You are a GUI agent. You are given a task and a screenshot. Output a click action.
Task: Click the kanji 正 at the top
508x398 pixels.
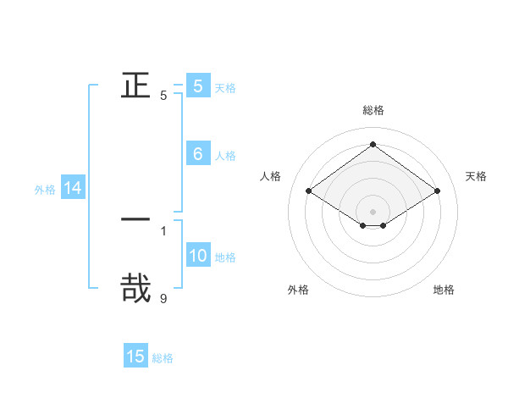135,85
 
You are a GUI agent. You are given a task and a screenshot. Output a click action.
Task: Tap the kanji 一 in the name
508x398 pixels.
135,219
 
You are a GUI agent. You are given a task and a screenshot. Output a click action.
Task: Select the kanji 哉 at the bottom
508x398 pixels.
135,286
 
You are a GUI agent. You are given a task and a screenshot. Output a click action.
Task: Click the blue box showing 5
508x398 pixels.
198,86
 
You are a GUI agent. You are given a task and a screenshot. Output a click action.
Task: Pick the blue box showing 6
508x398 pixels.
198,154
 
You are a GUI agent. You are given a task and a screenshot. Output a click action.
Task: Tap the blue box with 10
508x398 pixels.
198,256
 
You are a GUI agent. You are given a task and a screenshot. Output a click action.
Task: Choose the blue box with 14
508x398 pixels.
73,189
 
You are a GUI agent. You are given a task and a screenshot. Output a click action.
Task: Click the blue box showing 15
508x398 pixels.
135,357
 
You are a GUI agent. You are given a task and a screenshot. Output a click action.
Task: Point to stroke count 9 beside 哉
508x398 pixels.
163,298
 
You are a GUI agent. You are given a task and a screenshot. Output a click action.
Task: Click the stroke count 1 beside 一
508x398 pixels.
163,230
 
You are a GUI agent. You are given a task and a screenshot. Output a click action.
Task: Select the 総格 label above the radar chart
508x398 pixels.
373,111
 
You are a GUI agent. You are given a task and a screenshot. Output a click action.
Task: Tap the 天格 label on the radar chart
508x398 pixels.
476,176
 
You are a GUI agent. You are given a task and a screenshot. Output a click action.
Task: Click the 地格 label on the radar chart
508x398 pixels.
444,290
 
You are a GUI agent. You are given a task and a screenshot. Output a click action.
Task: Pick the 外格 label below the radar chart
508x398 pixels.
298,290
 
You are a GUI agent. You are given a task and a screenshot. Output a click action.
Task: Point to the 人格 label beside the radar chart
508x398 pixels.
271,176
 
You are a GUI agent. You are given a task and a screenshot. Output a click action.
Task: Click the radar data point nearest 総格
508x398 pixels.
373,145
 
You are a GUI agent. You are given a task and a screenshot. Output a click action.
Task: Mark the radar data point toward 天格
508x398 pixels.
437,191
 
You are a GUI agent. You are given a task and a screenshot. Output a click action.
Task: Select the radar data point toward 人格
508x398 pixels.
309,191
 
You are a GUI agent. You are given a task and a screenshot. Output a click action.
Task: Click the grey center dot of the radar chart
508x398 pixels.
373,212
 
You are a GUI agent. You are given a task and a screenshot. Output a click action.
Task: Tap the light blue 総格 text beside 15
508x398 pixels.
163,358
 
